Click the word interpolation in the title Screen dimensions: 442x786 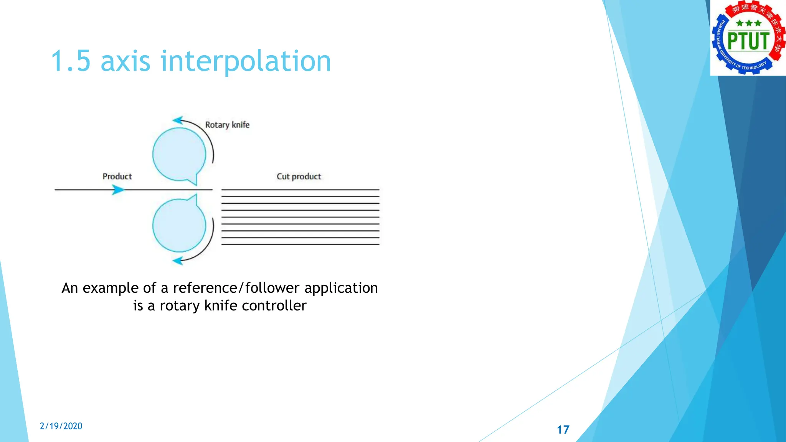(x=246, y=61)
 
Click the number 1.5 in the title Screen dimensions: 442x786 (x=71, y=61)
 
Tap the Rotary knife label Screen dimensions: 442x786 (x=227, y=125)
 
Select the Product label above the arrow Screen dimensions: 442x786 (x=117, y=176)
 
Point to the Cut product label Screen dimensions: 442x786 (x=299, y=176)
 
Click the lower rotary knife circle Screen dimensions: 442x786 (x=179, y=225)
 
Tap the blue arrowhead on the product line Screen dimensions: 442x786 (x=118, y=190)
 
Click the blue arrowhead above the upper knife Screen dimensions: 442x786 (x=178, y=120)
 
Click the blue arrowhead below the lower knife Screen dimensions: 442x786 (x=178, y=261)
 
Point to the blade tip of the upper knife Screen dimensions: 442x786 (x=196, y=184)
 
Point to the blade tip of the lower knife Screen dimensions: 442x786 (x=196, y=195)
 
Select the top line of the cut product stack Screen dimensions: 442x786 (x=300, y=190)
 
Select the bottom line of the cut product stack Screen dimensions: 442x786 (x=300, y=244)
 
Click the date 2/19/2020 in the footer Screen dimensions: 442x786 (x=61, y=426)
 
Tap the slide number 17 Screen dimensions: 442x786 (x=563, y=430)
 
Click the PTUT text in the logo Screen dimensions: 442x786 (x=748, y=41)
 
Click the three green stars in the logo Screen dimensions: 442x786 (x=748, y=23)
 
